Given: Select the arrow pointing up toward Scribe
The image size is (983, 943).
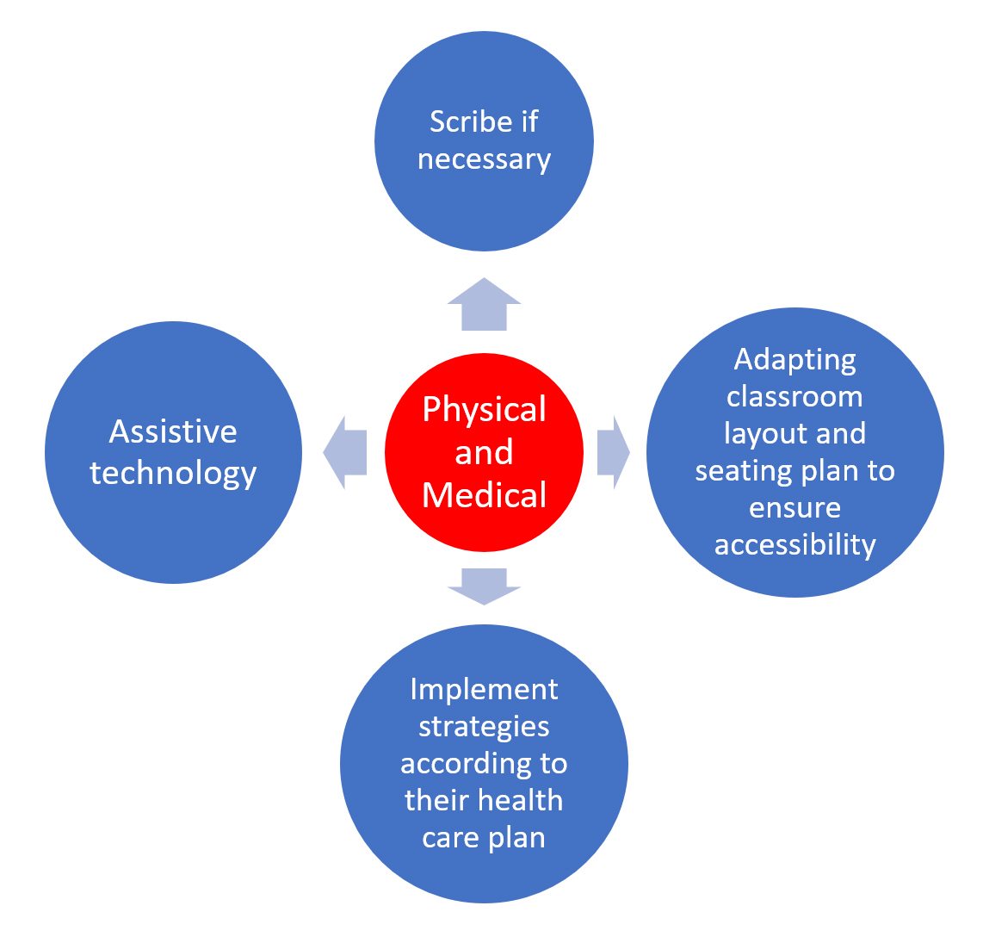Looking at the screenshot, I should point(484,305).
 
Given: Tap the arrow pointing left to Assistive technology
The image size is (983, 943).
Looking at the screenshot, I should point(345,452).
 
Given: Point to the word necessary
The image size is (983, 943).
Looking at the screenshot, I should point(484,159).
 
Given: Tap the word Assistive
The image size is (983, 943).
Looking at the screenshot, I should point(173,431).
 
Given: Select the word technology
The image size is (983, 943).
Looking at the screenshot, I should point(173,473).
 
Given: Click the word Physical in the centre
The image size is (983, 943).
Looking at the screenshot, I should point(484,409).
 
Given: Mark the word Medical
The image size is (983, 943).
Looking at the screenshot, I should point(484,495).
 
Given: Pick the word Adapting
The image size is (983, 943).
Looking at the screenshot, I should point(794,359).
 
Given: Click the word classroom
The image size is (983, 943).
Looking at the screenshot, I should point(794,396).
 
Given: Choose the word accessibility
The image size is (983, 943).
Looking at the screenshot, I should point(794,544).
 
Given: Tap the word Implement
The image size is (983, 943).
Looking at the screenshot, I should point(484,689).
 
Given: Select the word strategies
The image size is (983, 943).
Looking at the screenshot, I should point(484,726).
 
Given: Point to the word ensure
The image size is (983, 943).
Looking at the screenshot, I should point(794,507).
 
